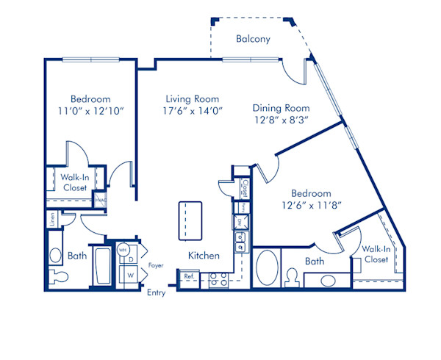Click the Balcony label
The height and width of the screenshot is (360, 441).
(x=253, y=39)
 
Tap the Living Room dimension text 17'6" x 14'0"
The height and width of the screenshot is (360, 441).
(x=193, y=110)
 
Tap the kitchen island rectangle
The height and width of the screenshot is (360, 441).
(x=190, y=220)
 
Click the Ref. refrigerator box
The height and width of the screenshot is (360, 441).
(x=189, y=277)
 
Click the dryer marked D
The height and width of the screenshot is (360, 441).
(x=131, y=259)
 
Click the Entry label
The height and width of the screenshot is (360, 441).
(x=156, y=292)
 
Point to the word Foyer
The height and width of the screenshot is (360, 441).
(x=155, y=264)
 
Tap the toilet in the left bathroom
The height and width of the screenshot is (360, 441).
(x=57, y=277)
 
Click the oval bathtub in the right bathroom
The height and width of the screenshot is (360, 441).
(x=267, y=267)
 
